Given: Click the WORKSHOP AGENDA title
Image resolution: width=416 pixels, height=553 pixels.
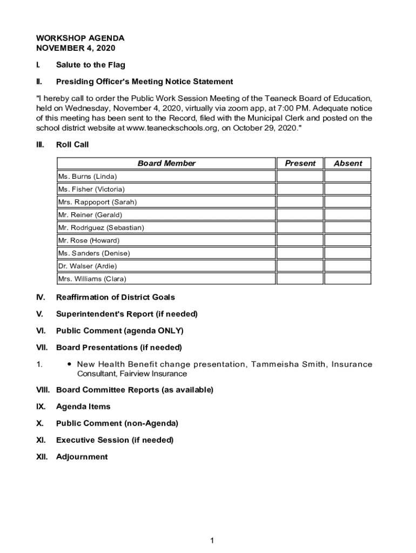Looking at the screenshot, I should (x=80, y=38).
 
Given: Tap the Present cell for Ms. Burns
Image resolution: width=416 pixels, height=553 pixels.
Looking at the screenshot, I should (x=300, y=176).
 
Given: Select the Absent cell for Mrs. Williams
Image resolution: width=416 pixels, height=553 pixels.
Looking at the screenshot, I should (x=347, y=279).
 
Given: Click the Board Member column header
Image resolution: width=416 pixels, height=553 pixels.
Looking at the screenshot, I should (x=166, y=163).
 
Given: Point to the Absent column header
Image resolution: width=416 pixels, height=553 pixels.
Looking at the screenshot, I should (x=348, y=163).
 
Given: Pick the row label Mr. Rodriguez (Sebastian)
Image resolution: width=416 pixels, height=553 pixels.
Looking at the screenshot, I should (x=101, y=227).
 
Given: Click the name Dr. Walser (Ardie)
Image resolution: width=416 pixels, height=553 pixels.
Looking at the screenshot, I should (x=88, y=266).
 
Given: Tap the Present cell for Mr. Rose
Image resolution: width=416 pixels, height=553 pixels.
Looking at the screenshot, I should (x=300, y=240).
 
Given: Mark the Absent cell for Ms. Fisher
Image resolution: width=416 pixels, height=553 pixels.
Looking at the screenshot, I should (x=347, y=189).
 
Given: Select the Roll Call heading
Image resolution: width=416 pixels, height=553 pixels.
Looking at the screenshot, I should (x=72, y=145).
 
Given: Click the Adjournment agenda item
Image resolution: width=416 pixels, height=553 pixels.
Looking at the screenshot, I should (x=82, y=457).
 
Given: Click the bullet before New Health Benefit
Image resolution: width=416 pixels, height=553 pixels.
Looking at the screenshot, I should (x=70, y=365).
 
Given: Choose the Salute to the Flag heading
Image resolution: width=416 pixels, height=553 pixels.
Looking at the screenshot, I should (x=90, y=65).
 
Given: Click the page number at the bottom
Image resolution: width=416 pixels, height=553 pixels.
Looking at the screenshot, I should (x=213, y=541).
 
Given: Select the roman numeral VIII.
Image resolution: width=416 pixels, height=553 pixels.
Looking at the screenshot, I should (x=43, y=390).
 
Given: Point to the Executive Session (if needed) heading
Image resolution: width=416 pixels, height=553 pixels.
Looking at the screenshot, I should (x=115, y=440).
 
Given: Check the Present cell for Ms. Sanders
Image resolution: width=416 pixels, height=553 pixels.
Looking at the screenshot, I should (x=300, y=253).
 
